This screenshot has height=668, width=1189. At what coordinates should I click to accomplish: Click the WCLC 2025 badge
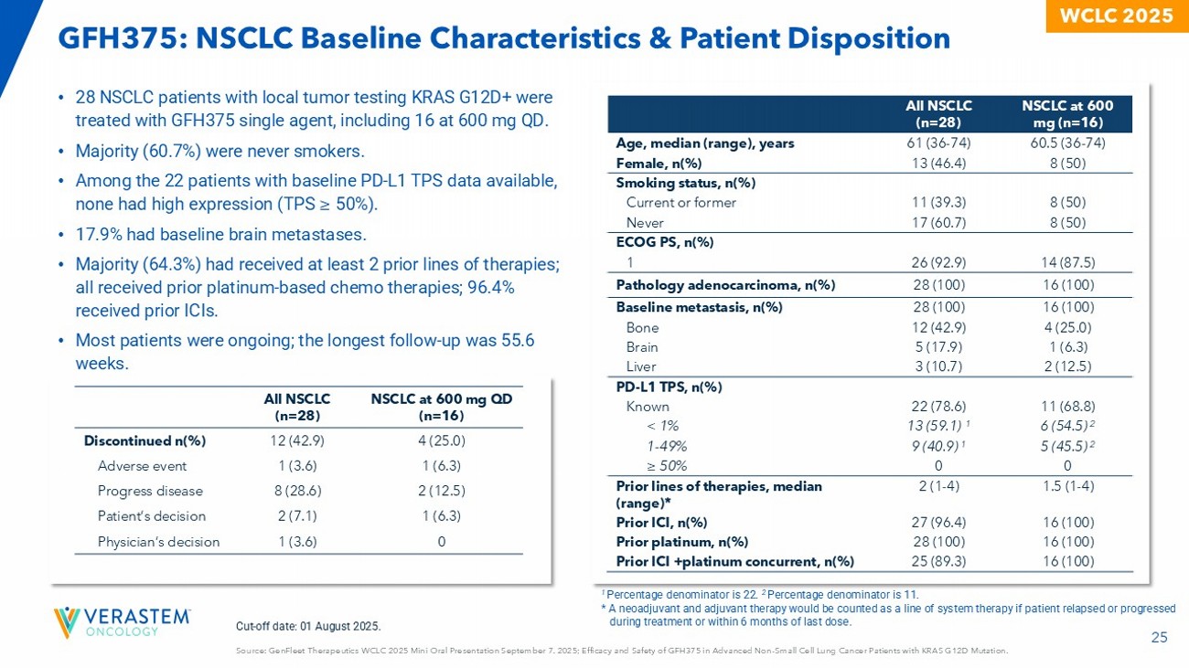(1116, 16)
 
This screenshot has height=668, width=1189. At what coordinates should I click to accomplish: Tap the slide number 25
(1159, 639)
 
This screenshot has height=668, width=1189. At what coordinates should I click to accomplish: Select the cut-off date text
(308, 626)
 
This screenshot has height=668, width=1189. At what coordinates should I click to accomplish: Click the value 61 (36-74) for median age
(941, 143)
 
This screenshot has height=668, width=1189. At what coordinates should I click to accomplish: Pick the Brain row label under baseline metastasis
(642, 347)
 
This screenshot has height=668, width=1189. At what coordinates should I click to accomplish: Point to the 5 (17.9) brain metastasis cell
(941, 347)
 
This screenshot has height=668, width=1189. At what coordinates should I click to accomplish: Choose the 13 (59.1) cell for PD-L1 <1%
(941, 426)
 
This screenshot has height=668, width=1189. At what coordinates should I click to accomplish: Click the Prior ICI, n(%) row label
(661, 523)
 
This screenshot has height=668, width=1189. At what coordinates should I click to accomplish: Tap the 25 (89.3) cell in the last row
(941, 561)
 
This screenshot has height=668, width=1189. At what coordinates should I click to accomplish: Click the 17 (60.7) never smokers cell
(941, 222)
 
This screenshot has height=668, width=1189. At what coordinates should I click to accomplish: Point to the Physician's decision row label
(158, 542)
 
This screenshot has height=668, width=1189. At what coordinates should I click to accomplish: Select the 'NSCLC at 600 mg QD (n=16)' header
(442, 407)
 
